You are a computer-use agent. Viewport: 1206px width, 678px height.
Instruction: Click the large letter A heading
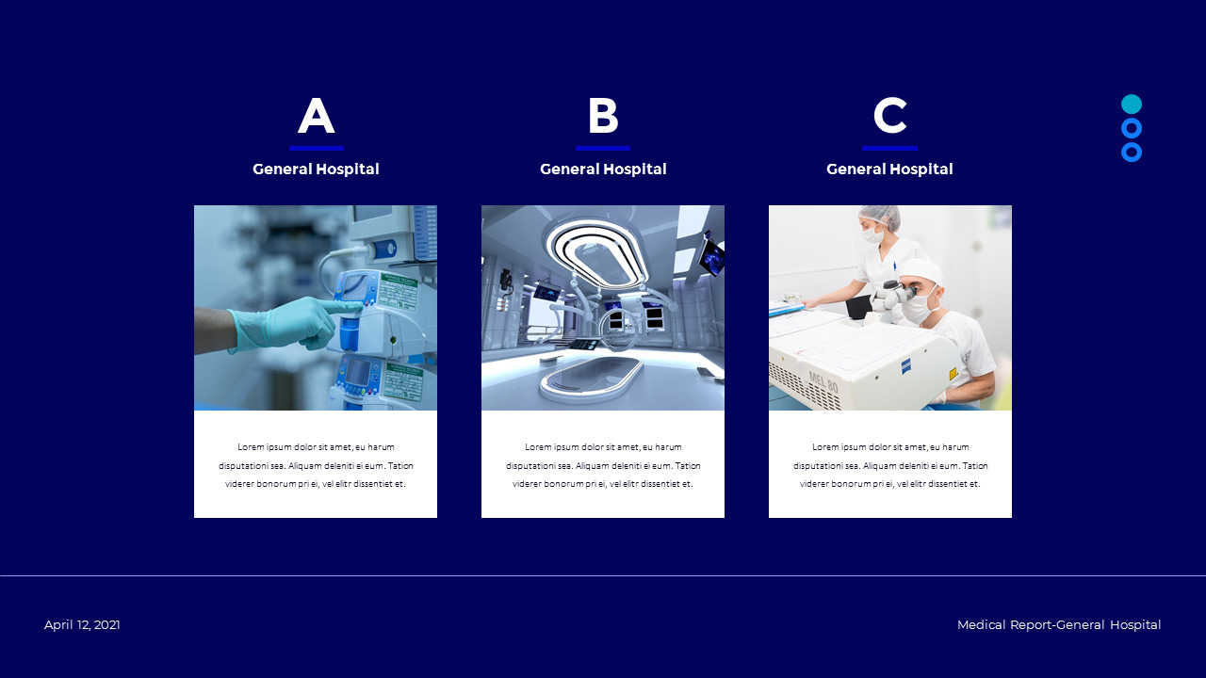(316, 117)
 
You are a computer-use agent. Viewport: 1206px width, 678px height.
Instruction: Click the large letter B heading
(603, 117)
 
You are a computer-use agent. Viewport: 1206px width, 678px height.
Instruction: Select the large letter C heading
(889, 117)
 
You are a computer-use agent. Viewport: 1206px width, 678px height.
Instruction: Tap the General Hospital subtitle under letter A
(316, 169)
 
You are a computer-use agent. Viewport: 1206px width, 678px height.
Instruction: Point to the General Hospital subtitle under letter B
(603, 169)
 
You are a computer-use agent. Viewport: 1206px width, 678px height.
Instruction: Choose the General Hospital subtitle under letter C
(889, 169)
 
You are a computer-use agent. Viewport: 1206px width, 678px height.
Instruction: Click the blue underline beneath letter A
(316, 148)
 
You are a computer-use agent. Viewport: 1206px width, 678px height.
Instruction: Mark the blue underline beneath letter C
(889, 148)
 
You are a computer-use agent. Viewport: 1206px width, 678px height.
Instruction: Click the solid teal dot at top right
(1132, 105)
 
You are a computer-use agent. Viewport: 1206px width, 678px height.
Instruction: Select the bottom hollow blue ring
(1132, 152)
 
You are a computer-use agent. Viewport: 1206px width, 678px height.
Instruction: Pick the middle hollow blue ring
(1132, 128)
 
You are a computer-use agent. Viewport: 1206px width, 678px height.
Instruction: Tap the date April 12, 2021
(82, 625)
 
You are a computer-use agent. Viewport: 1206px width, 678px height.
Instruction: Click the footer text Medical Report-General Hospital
(1059, 625)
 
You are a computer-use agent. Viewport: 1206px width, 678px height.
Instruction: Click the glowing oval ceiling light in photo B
(594, 250)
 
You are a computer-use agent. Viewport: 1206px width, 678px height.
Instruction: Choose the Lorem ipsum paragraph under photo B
(603, 465)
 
